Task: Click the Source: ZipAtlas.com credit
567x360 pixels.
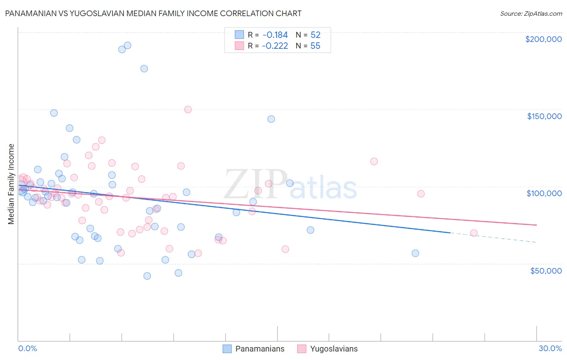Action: [531, 14]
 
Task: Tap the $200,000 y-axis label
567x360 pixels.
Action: [543, 39]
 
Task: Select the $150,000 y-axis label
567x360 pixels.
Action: [544, 116]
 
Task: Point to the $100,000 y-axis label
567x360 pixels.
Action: [544, 193]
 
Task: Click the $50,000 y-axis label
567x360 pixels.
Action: [546, 270]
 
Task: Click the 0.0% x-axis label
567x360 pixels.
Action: [27, 348]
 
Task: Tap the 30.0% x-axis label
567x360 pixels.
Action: [550, 348]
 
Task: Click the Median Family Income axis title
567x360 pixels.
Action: [11, 184]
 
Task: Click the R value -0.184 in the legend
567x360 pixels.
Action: [275, 35]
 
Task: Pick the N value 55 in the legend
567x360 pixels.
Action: [315, 46]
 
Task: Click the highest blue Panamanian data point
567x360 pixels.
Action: [127, 46]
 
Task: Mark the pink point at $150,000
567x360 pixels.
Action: [188, 109]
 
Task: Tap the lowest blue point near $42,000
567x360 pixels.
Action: [147, 276]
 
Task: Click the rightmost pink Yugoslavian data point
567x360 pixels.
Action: [474, 233]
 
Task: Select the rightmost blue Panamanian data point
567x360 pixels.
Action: [415, 253]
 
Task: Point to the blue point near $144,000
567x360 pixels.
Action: [271, 119]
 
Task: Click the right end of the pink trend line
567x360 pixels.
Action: [536, 225]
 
